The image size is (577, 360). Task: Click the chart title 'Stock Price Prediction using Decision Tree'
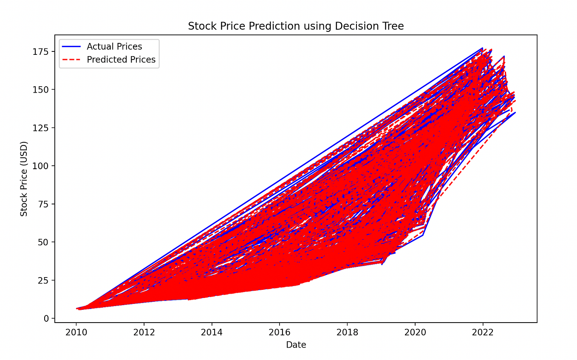(296, 26)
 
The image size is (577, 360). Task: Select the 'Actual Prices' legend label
(114, 47)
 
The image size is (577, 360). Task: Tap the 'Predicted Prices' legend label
(121, 60)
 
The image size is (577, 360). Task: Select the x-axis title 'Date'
(296, 345)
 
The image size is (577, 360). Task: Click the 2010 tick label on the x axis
(76, 332)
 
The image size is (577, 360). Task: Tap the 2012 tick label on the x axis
(144, 332)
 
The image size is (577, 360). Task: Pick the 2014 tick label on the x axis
(212, 332)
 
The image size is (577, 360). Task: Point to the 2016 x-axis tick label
(279, 332)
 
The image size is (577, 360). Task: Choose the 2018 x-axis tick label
(347, 332)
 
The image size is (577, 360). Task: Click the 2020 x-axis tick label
(415, 332)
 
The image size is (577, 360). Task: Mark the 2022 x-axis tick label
(483, 332)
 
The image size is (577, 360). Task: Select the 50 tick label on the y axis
(44, 242)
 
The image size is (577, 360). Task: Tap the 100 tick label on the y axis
(42, 166)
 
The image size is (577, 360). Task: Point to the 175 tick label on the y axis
(42, 51)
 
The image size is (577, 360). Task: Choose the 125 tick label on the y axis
(42, 128)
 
